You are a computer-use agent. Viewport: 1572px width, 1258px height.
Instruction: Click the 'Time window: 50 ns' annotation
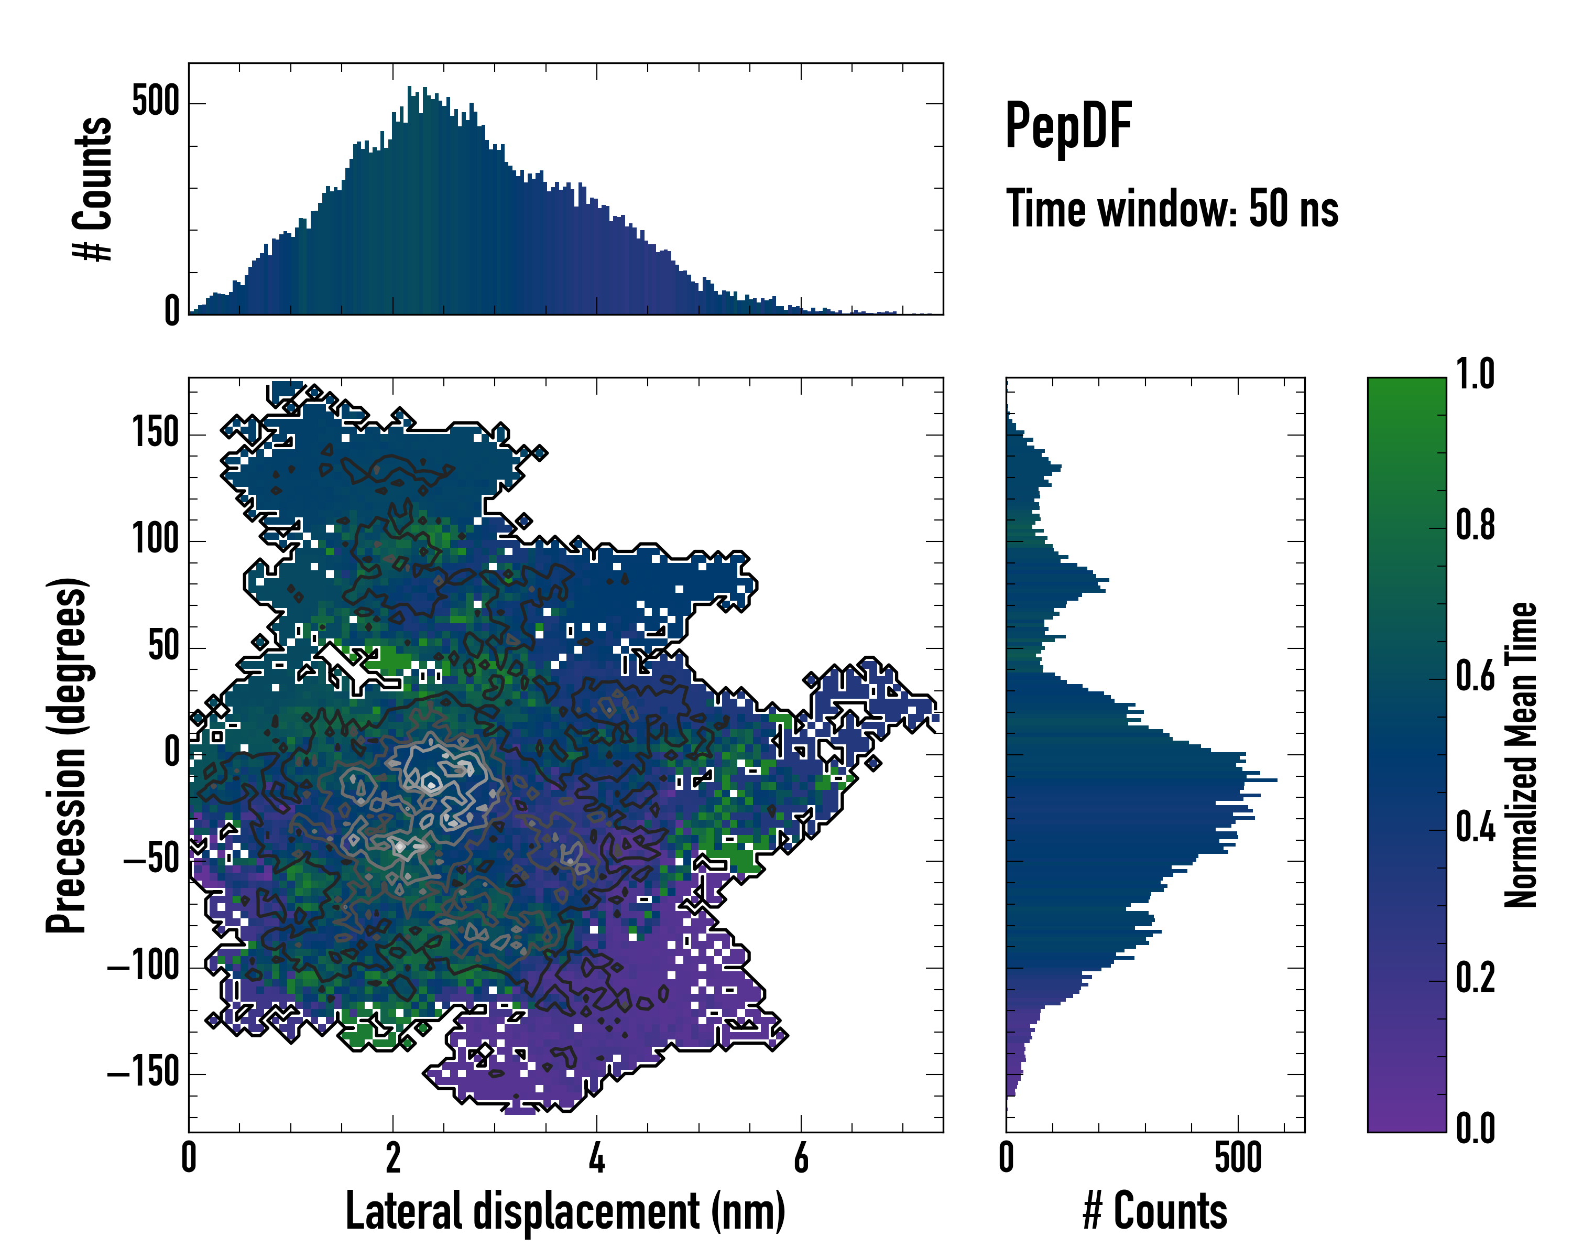[1172, 209]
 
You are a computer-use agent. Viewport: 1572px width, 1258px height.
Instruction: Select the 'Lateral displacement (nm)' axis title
[565, 1211]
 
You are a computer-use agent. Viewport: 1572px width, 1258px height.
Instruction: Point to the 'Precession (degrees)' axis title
[67, 755]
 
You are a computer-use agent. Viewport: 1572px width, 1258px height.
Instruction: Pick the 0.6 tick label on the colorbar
[1475, 676]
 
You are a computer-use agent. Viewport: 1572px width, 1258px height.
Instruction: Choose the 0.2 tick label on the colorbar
[1475, 978]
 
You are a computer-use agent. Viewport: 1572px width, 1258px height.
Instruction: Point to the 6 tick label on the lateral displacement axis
[801, 1158]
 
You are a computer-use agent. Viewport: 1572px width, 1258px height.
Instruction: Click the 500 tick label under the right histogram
[1238, 1158]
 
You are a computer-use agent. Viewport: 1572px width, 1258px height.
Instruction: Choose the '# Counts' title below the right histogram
[1155, 1211]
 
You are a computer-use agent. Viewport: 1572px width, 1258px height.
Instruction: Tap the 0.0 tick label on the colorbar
[1475, 1129]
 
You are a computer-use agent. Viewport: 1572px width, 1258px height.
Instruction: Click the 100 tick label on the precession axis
[155, 540]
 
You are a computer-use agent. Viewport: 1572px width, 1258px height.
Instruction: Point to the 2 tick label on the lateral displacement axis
[393, 1158]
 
